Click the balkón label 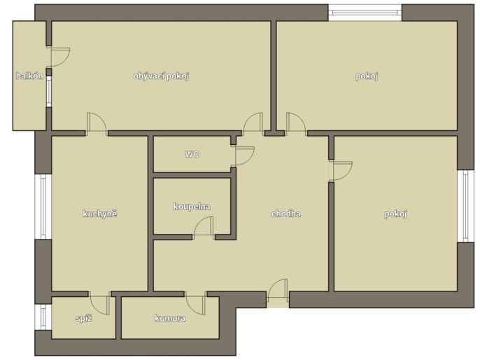(29, 76)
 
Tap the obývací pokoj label (162, 76)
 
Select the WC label (192, 154)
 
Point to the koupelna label (192, 207)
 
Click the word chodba (286, 214)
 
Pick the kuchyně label (100, 214)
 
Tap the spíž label (84, 319)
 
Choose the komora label (170, 318)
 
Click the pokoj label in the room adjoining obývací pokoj (367, 76)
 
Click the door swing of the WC (245, 156)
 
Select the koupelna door (204, 227)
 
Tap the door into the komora (195, 303)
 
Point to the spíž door (100, 303)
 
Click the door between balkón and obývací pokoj (60, 57)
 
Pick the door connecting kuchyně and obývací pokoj (97, 124)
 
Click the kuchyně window (43, 207)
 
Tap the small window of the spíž (43, 317)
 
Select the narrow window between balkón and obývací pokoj (49, 91)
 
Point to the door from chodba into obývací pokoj (253, 124)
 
